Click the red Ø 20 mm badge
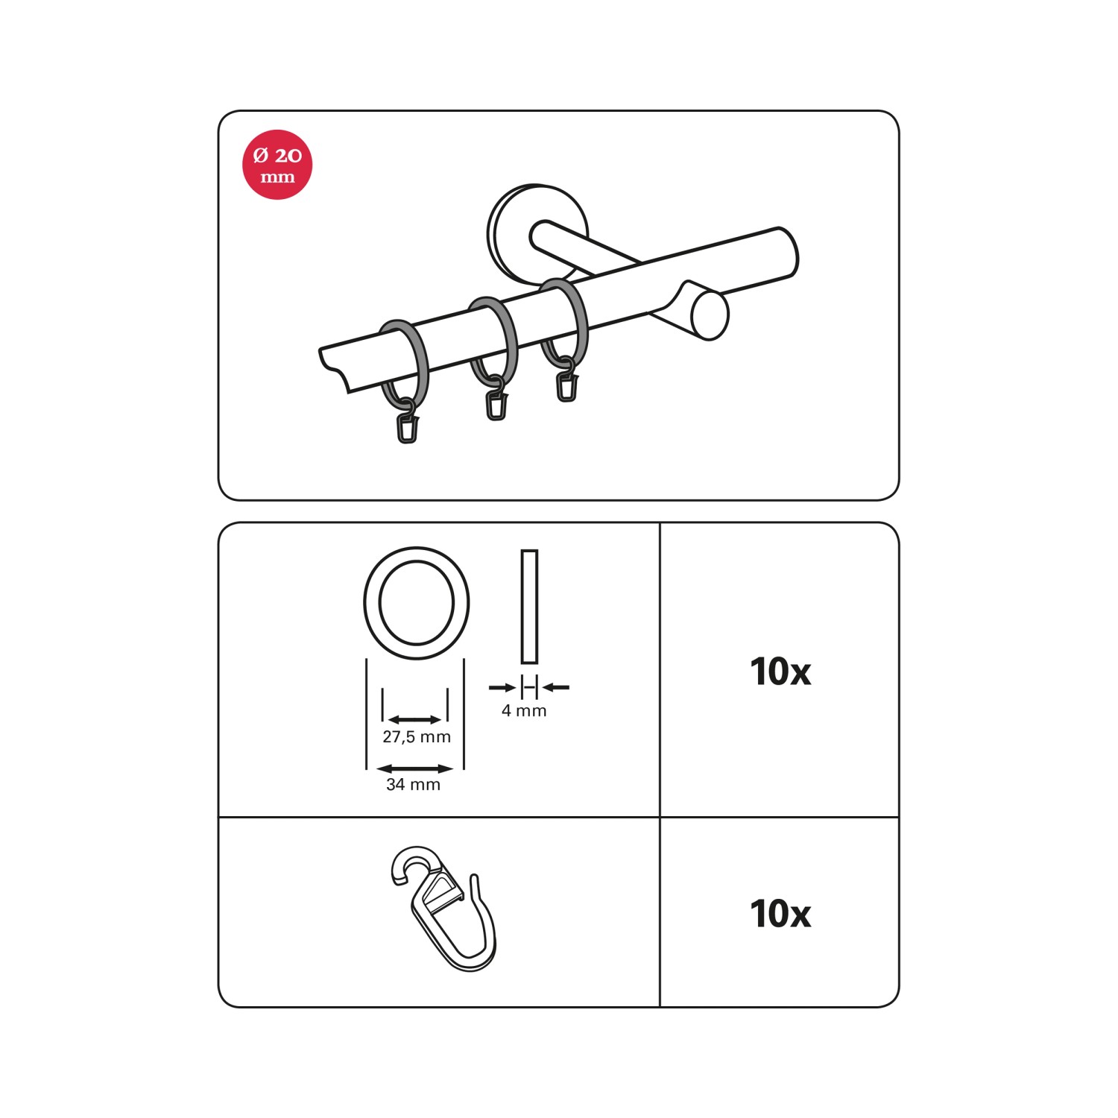click(277, 165)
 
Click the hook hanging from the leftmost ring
click(408, 424)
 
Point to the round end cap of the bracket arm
click(710, 315)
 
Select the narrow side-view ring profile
click(529, 607)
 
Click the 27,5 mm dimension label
click(417, 737)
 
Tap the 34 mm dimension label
click(414, 784)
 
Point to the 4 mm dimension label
click(524, 711)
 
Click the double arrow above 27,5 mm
click(415, 719)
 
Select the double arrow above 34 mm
click(415, 768)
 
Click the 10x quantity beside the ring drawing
click(780, 672)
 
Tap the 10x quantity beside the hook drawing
click(780, 914)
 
